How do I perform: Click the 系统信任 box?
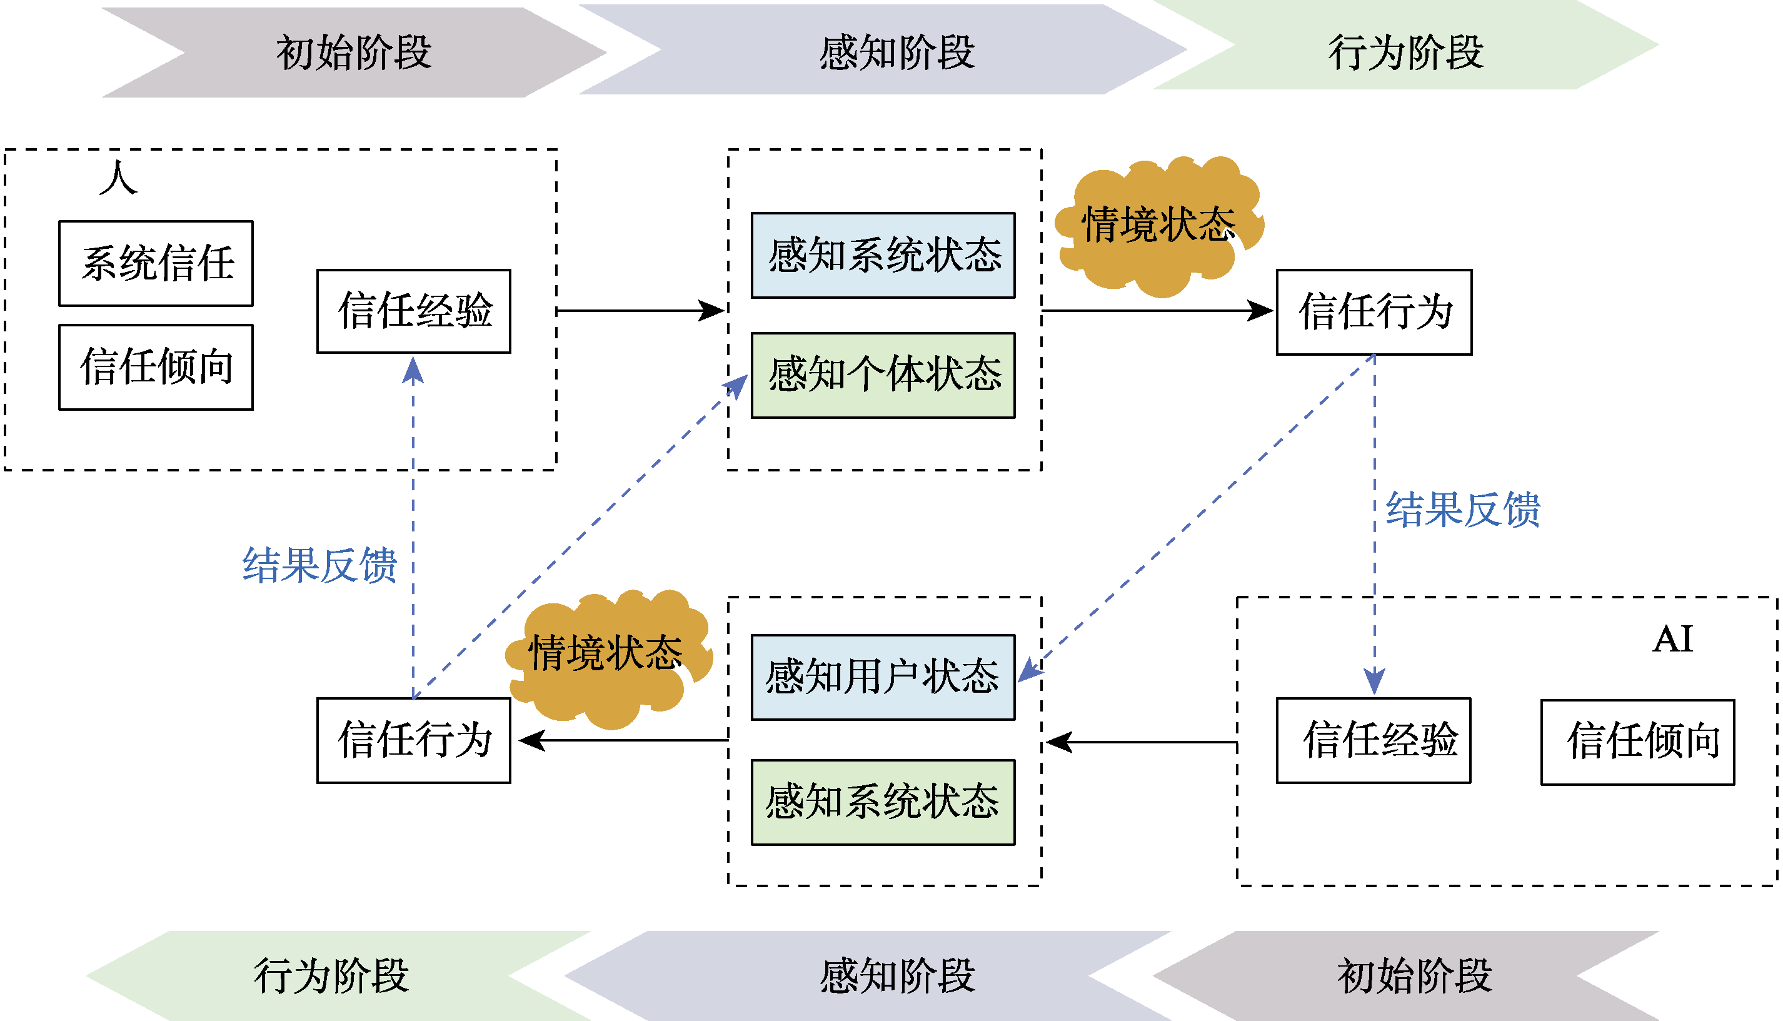156,264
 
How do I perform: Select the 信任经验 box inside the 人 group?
414,311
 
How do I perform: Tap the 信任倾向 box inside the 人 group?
156,367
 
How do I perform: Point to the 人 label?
118,178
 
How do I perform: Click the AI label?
1672,639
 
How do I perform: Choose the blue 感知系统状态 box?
883,255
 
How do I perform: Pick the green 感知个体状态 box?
883,375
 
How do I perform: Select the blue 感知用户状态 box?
883,677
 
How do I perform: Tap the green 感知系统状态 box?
883,802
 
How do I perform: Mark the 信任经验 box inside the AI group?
1373,740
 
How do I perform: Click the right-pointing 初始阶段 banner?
354,52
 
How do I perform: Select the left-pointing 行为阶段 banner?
336,975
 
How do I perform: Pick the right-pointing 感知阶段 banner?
883,50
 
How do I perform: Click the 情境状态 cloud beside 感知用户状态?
607,656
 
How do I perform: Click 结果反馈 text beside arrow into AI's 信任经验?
1462,509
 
